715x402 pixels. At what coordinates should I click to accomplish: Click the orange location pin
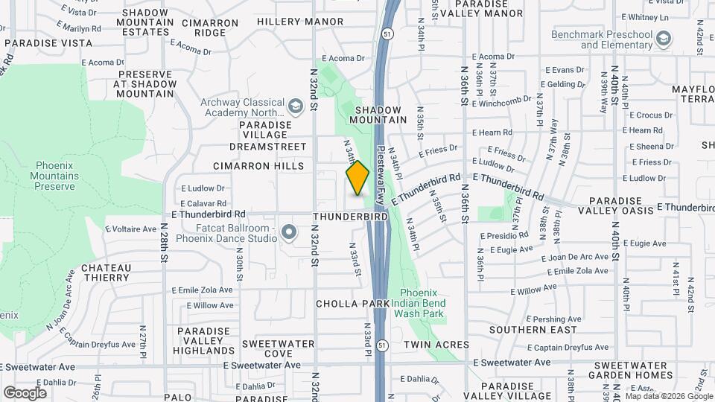(x=358, y=178)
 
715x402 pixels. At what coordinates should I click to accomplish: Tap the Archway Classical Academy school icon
(x=296, y=107)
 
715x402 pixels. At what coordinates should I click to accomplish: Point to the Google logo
(x=25, y=392)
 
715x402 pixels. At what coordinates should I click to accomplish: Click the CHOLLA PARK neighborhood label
(x=352, y=304)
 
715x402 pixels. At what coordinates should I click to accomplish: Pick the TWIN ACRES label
(x=436, y=345)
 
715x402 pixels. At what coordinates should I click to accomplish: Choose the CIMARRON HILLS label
(x=258, y=165)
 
